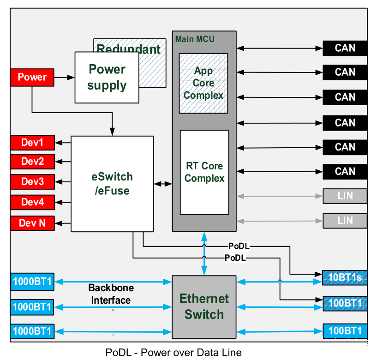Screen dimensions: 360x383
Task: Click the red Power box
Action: tap(32, 77)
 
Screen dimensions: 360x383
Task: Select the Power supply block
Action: tap(107, 77)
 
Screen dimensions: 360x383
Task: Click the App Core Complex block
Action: tap(203, 83)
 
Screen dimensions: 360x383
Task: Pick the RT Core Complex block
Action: tap(204, 172)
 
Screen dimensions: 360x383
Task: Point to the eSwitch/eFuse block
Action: tap(112, 183)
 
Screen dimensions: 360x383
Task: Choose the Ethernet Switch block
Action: tap(204, 306)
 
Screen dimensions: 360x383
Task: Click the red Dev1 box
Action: tap(32, 143)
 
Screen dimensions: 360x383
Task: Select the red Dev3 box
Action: tap(32, 182)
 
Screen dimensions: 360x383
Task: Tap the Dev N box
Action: tap(32, 223)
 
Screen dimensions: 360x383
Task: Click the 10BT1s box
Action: tap(345, 277)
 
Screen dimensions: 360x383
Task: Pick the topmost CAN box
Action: tap(345, 48)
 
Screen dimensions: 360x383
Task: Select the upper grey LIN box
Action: tap(345, 196)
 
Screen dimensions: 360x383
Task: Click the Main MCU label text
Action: tap(195, 39)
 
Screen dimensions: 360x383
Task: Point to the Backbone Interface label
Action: tap(111, 294)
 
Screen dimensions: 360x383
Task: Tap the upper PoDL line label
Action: tap(239, 246)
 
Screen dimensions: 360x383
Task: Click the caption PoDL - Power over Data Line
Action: tap(174, 353)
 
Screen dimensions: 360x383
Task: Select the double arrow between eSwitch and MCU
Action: tap(163, 184)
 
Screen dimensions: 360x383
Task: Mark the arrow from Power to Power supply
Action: tap(65, 78)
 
